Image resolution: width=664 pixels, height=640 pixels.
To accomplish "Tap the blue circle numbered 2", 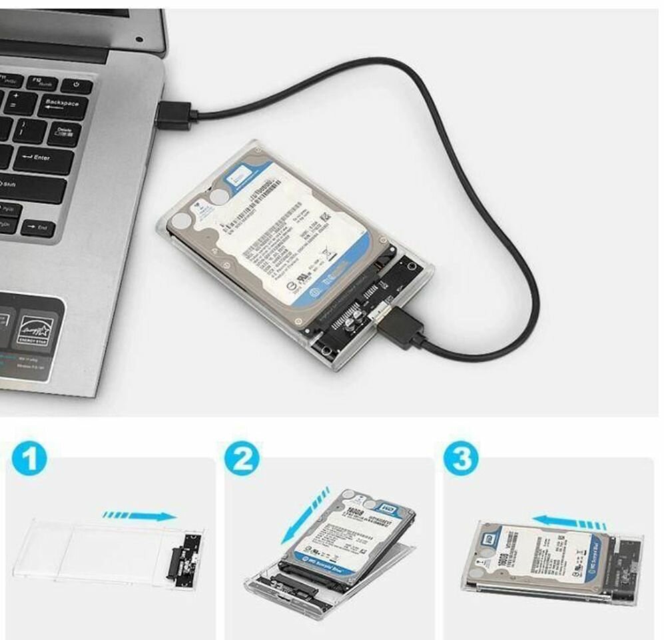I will pyautogui.click(x=242, y=461).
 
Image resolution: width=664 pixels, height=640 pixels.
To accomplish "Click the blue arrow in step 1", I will pyautogui.click(x=141, y=515).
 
